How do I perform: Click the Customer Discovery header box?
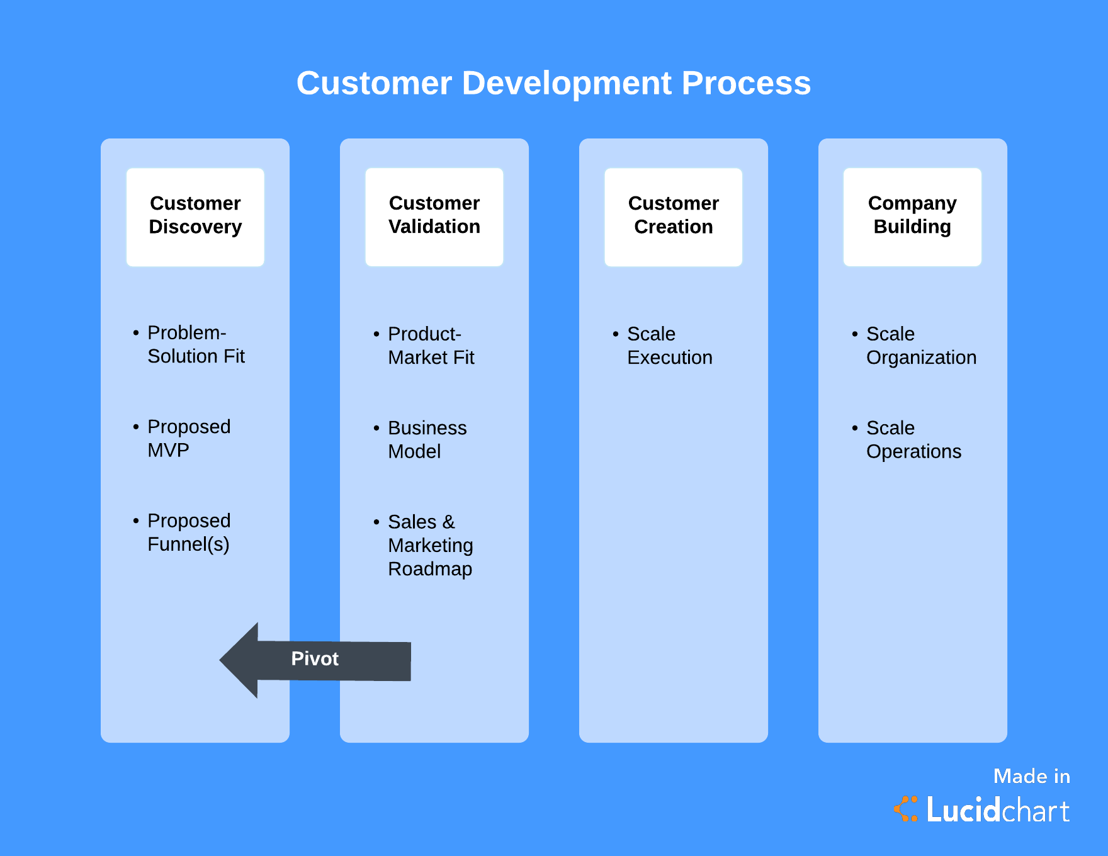click(195, 217)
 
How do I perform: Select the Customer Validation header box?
click(434, 217)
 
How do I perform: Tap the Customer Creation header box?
click(673, 217)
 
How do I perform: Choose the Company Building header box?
click(912, 217)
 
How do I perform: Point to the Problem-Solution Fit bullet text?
click(195, 344)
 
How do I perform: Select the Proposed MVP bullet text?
click(188, 438)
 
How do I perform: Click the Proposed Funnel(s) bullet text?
click(188, 532)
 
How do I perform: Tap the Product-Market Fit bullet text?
click(431, 346)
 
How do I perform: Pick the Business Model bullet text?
click(427, 439)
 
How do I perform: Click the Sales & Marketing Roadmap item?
click(430, 545)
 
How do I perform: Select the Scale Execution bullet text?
click(669, 346)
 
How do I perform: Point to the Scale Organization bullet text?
click(921, 346)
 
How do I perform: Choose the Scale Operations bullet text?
click(913, 439)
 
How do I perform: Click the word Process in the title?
click(746, 83)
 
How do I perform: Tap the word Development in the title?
click(567, 83)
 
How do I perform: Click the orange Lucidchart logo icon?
click(906, 809)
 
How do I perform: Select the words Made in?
click(1031, 776)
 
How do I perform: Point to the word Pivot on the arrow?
click(315, 658)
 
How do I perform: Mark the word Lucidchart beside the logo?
click(998, 810)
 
